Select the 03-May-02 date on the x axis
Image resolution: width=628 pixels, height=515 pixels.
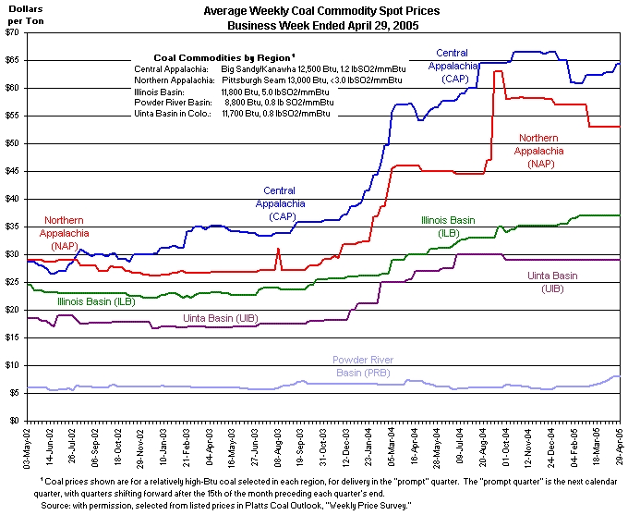(30, 448)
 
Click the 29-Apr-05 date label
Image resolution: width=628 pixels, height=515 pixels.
(619, 448)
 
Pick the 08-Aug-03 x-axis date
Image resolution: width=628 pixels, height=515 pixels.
(278, 448)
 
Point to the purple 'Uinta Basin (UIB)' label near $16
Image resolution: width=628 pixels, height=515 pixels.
(220, 318)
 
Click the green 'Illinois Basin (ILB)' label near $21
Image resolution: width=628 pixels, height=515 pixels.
(96, 301)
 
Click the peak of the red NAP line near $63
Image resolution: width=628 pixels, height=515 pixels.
(497, 71)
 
